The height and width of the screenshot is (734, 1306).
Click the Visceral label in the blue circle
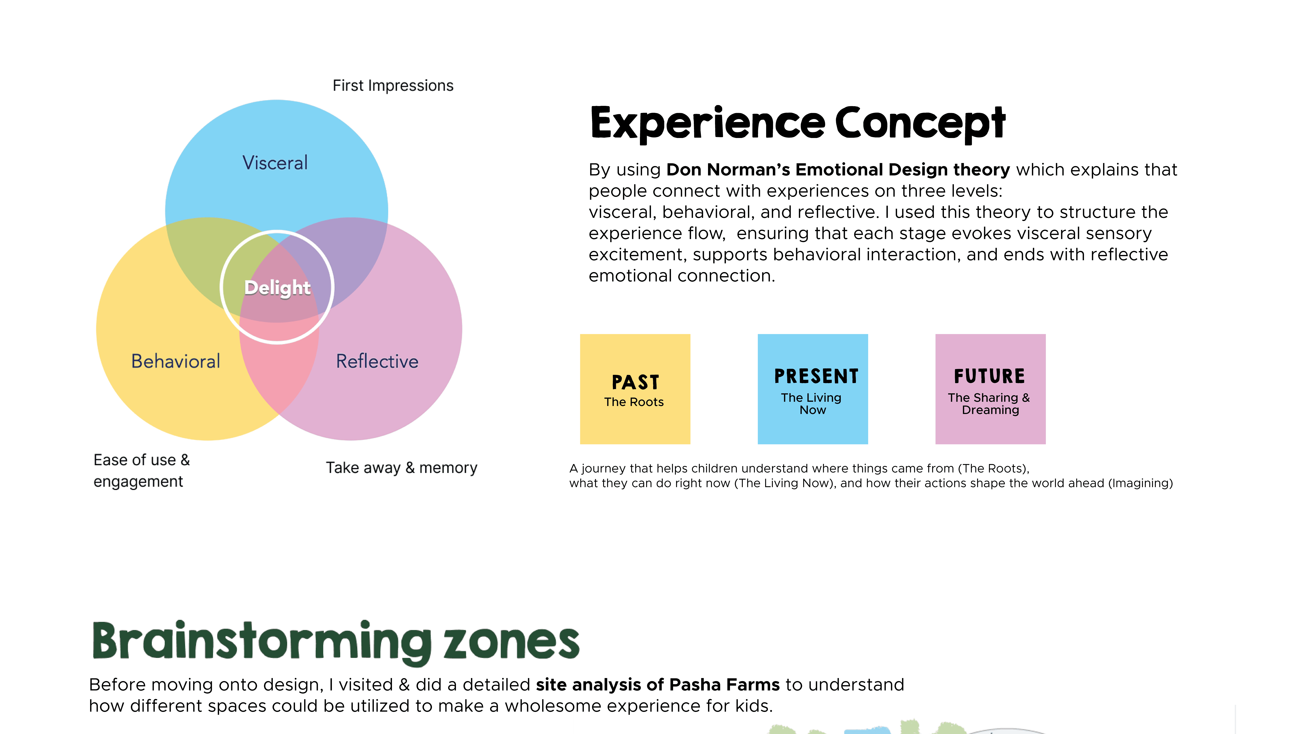point(275,163)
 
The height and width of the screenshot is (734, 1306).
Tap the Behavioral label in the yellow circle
point(175,361)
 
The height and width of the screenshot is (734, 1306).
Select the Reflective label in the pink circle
point(377,361)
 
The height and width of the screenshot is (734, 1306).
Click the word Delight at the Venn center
point(277,288)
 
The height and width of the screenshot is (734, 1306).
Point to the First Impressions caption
point(393,86)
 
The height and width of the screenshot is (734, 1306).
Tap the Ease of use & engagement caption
point(141,471)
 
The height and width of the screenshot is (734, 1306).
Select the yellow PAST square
point(635,389)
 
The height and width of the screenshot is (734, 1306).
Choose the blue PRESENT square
point(813,389)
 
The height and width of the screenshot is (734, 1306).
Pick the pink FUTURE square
point(990,389)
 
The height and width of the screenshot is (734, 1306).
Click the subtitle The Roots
point(634,402)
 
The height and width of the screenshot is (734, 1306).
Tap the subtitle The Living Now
point(812,404)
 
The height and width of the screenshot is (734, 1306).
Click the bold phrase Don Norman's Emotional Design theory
point(838,170)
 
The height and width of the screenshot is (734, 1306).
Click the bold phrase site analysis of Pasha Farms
point(658,685)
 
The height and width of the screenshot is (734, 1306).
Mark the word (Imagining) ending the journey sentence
point(1141,483)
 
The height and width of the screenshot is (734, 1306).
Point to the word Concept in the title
point(920,123)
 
